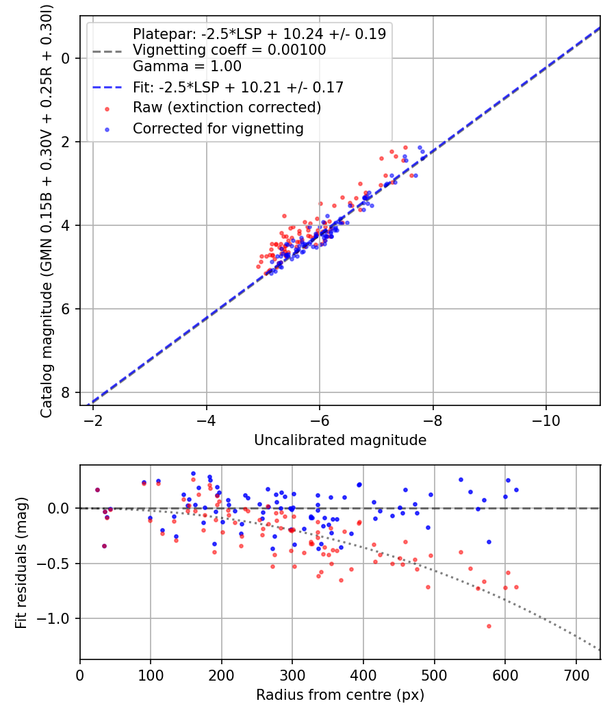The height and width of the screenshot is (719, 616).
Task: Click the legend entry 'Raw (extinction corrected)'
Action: pos(227,108)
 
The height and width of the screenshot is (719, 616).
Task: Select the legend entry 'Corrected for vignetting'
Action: pos(218,128)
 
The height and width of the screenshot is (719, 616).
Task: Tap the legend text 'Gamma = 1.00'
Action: pos(187,66)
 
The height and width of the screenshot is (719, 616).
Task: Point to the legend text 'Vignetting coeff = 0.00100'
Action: pos(229,50)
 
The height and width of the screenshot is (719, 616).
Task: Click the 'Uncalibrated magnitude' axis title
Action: pos(340,440)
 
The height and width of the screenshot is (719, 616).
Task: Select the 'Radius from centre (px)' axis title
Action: pos(340,695)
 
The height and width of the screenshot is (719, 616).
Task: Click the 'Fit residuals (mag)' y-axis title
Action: pos(21,563)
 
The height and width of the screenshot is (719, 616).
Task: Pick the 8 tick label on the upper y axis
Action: pos(66,392)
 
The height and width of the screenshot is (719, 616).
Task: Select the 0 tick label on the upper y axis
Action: pos(66,58)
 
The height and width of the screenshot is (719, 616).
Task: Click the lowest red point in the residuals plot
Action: pos(489,626)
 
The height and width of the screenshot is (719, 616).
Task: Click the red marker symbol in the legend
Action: pos(107,108)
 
